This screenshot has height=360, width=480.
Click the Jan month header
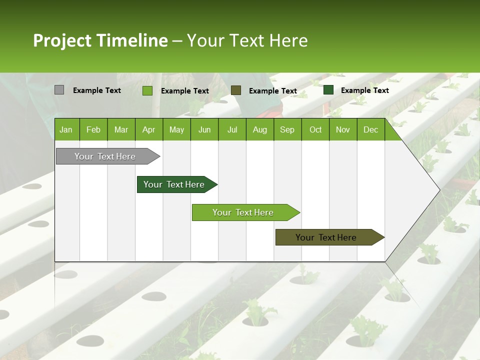pos(66,130)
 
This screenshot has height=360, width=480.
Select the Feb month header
pos(93,130)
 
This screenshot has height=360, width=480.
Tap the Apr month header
pos(148,130)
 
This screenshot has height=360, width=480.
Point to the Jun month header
pos(204,130)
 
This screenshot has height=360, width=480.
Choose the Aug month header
pos(259,130)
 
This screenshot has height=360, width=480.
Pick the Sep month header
pos(287,130)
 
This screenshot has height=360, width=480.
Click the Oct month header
pos(315,130)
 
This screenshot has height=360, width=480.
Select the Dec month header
pos(370,130)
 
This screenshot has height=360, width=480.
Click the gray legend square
pos(59,90)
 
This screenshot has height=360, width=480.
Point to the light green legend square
pos(147,90)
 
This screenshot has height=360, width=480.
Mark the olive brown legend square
pos(236,90)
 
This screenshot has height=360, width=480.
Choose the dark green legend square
pos(328,90)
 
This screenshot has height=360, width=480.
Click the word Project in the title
pos(62,40)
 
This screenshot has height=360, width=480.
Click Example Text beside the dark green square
pos(364,90)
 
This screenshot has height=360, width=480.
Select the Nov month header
pos(343,130)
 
